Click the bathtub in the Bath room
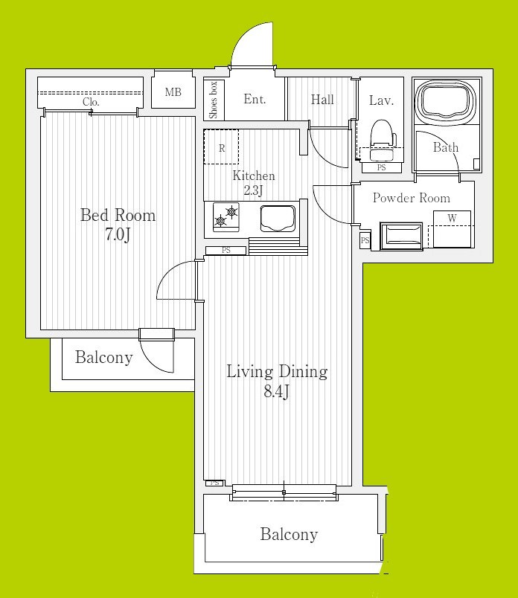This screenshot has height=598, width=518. coord(446,100)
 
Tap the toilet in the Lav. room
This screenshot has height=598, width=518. coord(383,141)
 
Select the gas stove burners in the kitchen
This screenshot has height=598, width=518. coord(226,217)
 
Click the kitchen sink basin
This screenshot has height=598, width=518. coord(278,219)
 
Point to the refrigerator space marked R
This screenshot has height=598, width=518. coord(221,147)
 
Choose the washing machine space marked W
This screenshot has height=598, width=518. coord(452,229)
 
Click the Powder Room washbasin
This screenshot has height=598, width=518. coord(401,237)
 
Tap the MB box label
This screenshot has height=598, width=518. coord(173,92)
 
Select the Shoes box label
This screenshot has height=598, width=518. coord(214,100)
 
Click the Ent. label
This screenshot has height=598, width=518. coord(255,99)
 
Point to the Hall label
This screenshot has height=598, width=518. coord(322,100)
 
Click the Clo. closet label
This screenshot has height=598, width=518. coord(91,102)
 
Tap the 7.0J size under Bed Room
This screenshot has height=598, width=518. coord(118,235)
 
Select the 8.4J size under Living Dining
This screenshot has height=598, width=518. coord(276,392)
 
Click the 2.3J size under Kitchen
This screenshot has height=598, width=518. coord(254,190)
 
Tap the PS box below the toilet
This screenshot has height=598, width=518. coord(381,168)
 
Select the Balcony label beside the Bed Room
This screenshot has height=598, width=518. coord(104,357)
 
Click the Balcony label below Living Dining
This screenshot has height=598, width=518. coord(289,534)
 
